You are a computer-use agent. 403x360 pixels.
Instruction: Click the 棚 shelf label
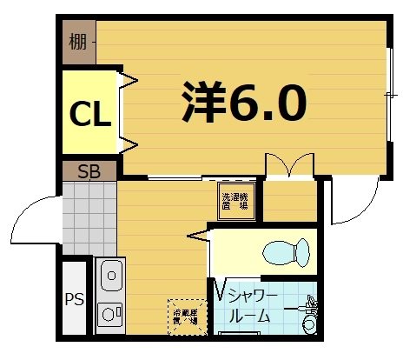pos(78,42)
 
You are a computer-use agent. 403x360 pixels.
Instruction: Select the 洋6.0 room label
pos(244,103)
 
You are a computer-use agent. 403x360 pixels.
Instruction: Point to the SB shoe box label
pos(89,170)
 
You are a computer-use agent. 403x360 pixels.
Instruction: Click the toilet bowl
pos(286,253)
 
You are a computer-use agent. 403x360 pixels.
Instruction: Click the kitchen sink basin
pos(110,278)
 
